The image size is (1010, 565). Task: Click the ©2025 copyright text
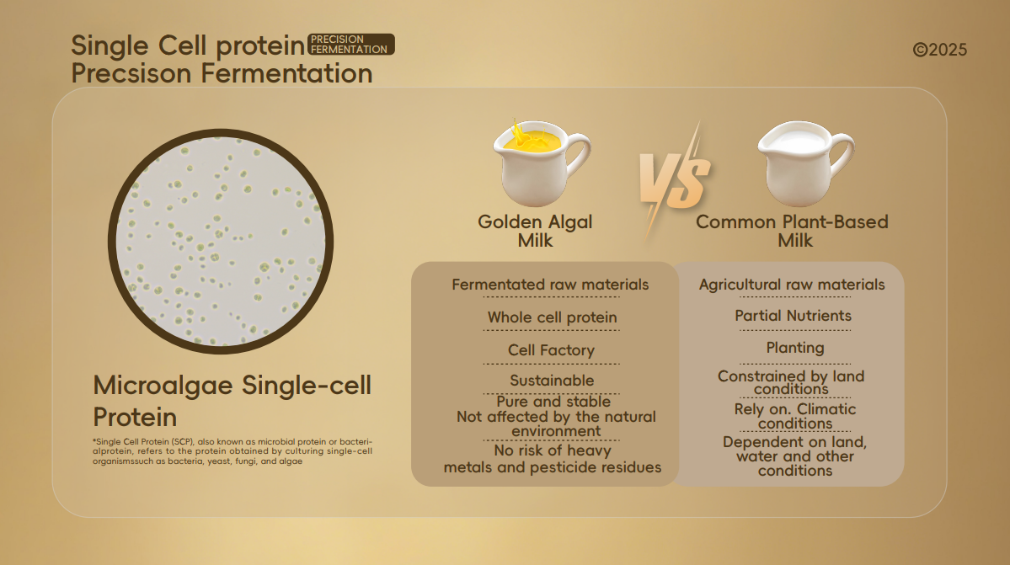pos(940,51)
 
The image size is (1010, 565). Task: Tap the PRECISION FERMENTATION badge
pos(351,45)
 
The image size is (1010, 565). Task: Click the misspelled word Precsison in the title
pos(132,73)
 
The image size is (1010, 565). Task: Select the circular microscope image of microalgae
pos(221,242)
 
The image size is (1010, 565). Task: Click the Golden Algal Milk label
pos(535,231)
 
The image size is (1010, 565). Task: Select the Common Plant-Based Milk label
pos(793,231)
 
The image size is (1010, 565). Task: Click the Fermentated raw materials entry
pos(550,285)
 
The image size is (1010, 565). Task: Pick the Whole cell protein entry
pos(552,317)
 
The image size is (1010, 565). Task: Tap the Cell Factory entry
pos(552,350)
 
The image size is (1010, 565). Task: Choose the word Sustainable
pos(552,381)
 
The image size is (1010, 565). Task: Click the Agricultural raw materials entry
pos(793,285)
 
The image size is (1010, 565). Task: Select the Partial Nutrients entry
pos(793,315)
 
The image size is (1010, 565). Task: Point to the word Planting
pos(795,348)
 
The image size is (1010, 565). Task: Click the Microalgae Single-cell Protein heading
pos(232,401)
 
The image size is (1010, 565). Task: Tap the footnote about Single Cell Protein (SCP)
pos(232,451)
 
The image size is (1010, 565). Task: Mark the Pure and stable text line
pos(553,402)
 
